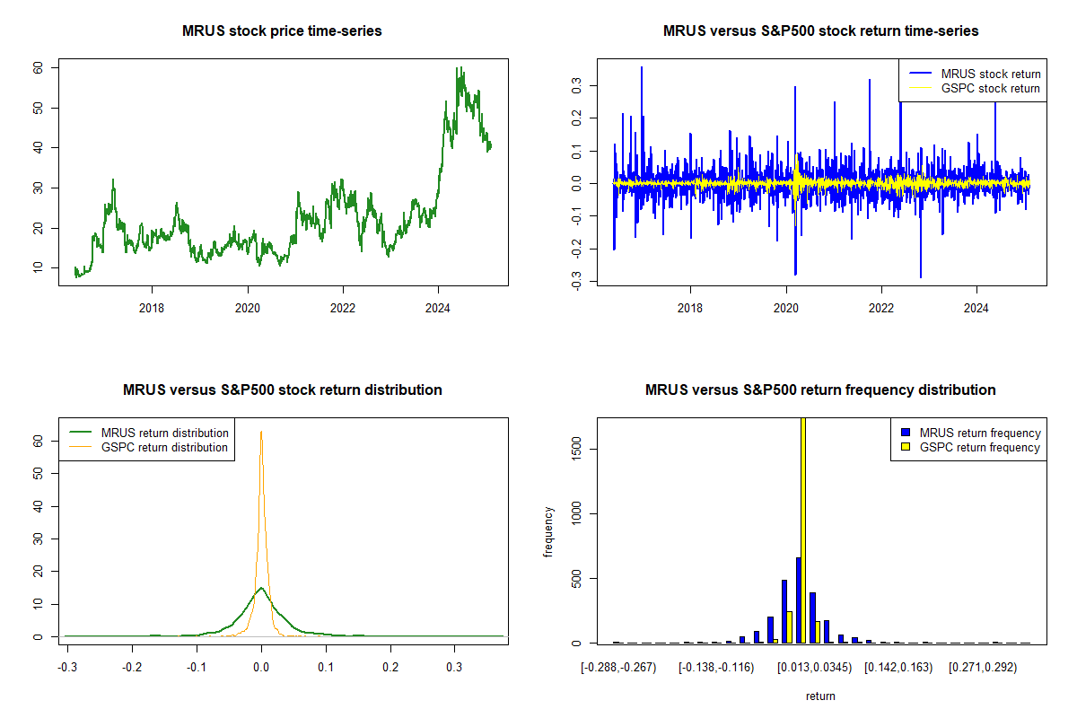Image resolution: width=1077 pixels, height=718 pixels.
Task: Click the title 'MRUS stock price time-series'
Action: (x=282, y=31)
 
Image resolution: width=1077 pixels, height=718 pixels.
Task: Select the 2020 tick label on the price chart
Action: (x=247, y=308)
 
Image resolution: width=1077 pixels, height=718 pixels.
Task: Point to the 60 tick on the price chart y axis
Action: (x=38, y=68)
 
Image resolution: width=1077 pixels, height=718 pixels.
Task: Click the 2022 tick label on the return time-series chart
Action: (x=880, y=308)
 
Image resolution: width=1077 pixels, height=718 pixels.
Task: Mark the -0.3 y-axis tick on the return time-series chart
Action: (x=576, y=281)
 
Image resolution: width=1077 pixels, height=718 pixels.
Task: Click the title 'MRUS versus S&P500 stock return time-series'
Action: (x=820, y=31)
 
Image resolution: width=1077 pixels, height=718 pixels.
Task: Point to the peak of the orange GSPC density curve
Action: (x=261, y=432)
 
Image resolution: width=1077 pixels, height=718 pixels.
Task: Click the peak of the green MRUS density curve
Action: (x=261, y=588)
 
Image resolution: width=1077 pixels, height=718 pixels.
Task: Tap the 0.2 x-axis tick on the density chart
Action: (x=390, y=667)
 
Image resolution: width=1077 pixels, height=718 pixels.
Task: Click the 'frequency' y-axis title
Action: (x=548, y=531)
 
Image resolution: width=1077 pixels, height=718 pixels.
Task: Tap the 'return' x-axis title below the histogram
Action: (x=820, y=696)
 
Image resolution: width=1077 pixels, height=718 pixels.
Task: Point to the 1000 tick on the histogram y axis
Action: (x=576, y=513)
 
